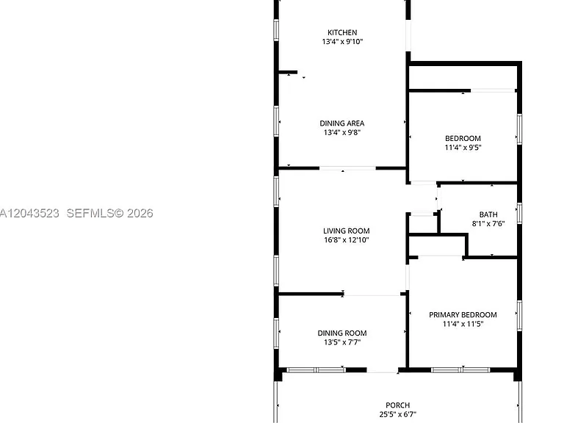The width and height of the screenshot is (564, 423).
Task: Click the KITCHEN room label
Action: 342,32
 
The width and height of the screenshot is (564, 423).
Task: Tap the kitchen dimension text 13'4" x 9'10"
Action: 342,41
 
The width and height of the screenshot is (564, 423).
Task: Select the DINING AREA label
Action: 342,123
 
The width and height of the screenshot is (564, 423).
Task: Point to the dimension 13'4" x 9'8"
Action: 342,132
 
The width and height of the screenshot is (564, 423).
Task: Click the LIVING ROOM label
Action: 347,231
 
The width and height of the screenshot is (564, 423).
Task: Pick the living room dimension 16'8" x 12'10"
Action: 347,240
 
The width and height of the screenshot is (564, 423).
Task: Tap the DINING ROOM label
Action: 342,333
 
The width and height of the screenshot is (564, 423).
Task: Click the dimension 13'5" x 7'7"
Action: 342,342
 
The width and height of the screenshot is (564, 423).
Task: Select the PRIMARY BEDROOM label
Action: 463,315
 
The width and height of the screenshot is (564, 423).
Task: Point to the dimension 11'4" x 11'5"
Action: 463,324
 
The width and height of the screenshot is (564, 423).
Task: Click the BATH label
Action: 488,214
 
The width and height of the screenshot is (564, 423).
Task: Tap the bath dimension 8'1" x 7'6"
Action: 488,223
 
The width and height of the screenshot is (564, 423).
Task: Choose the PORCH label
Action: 398,405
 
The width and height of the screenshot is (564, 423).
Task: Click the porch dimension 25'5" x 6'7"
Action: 398,414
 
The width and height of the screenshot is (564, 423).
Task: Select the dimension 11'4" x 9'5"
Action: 463,148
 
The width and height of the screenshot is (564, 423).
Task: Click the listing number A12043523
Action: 29,213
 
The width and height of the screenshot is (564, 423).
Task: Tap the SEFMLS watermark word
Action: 90,213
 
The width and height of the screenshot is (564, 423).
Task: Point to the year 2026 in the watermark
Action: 140,213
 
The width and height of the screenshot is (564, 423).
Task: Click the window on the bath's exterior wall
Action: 519,213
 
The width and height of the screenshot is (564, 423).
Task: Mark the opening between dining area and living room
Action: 347,168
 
